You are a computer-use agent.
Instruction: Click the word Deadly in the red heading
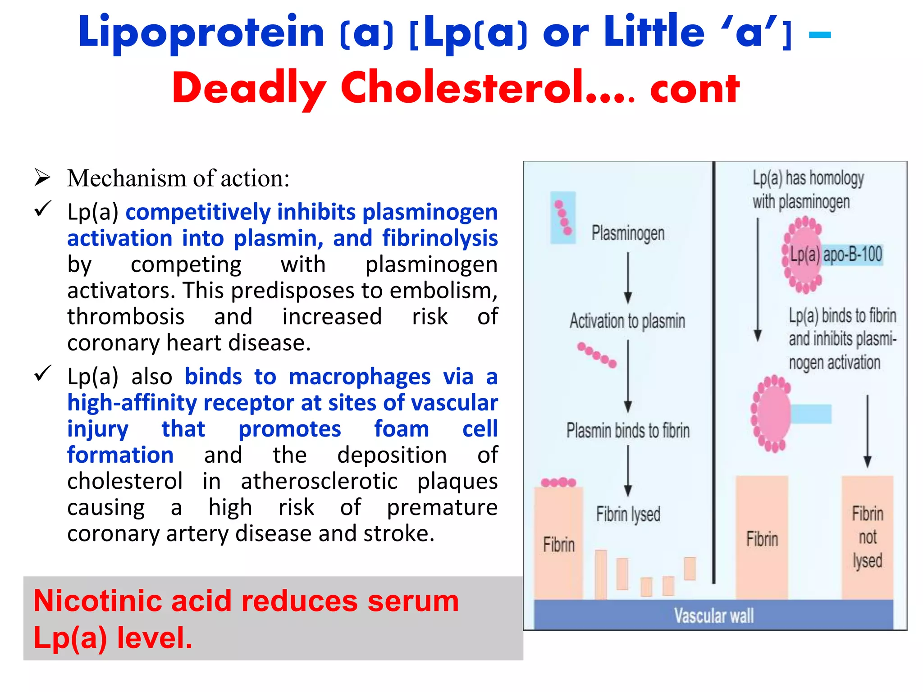(x=249, y=88)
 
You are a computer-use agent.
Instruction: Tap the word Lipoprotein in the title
(x=201, y=32)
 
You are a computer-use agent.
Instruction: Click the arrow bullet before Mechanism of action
(x=42, y=178)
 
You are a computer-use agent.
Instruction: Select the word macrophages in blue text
(x=359, y=377)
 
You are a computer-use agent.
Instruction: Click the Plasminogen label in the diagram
(x=628, y=233)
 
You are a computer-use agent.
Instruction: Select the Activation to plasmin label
(x=627, y=321)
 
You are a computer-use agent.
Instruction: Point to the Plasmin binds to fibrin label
(x=628, y=430)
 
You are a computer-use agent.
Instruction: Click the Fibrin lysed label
(x=628, y=514)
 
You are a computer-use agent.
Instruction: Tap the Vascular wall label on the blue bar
(x=713, y=615)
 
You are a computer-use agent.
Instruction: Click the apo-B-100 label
(x=852, y=255)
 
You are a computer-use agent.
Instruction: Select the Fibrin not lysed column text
(x=867, y=537)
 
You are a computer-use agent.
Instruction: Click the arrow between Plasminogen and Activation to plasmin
(x=628, y=277)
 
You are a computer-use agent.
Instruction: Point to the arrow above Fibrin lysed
(x=628, y=471)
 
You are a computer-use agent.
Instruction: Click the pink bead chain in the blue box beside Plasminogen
(x=563, y=218)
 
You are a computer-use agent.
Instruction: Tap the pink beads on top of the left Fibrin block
(x=558, y=483)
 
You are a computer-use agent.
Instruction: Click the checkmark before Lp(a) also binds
(x=43, y=373)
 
